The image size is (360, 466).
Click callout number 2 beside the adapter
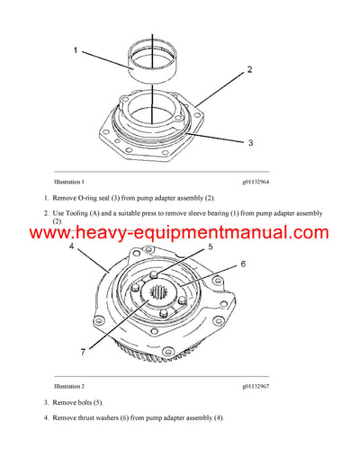(x=248, y=68)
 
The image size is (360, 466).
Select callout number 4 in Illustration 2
(x=71, y=245)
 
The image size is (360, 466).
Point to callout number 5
(x=210, y=246)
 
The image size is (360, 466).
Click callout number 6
(x=242, y=264)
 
